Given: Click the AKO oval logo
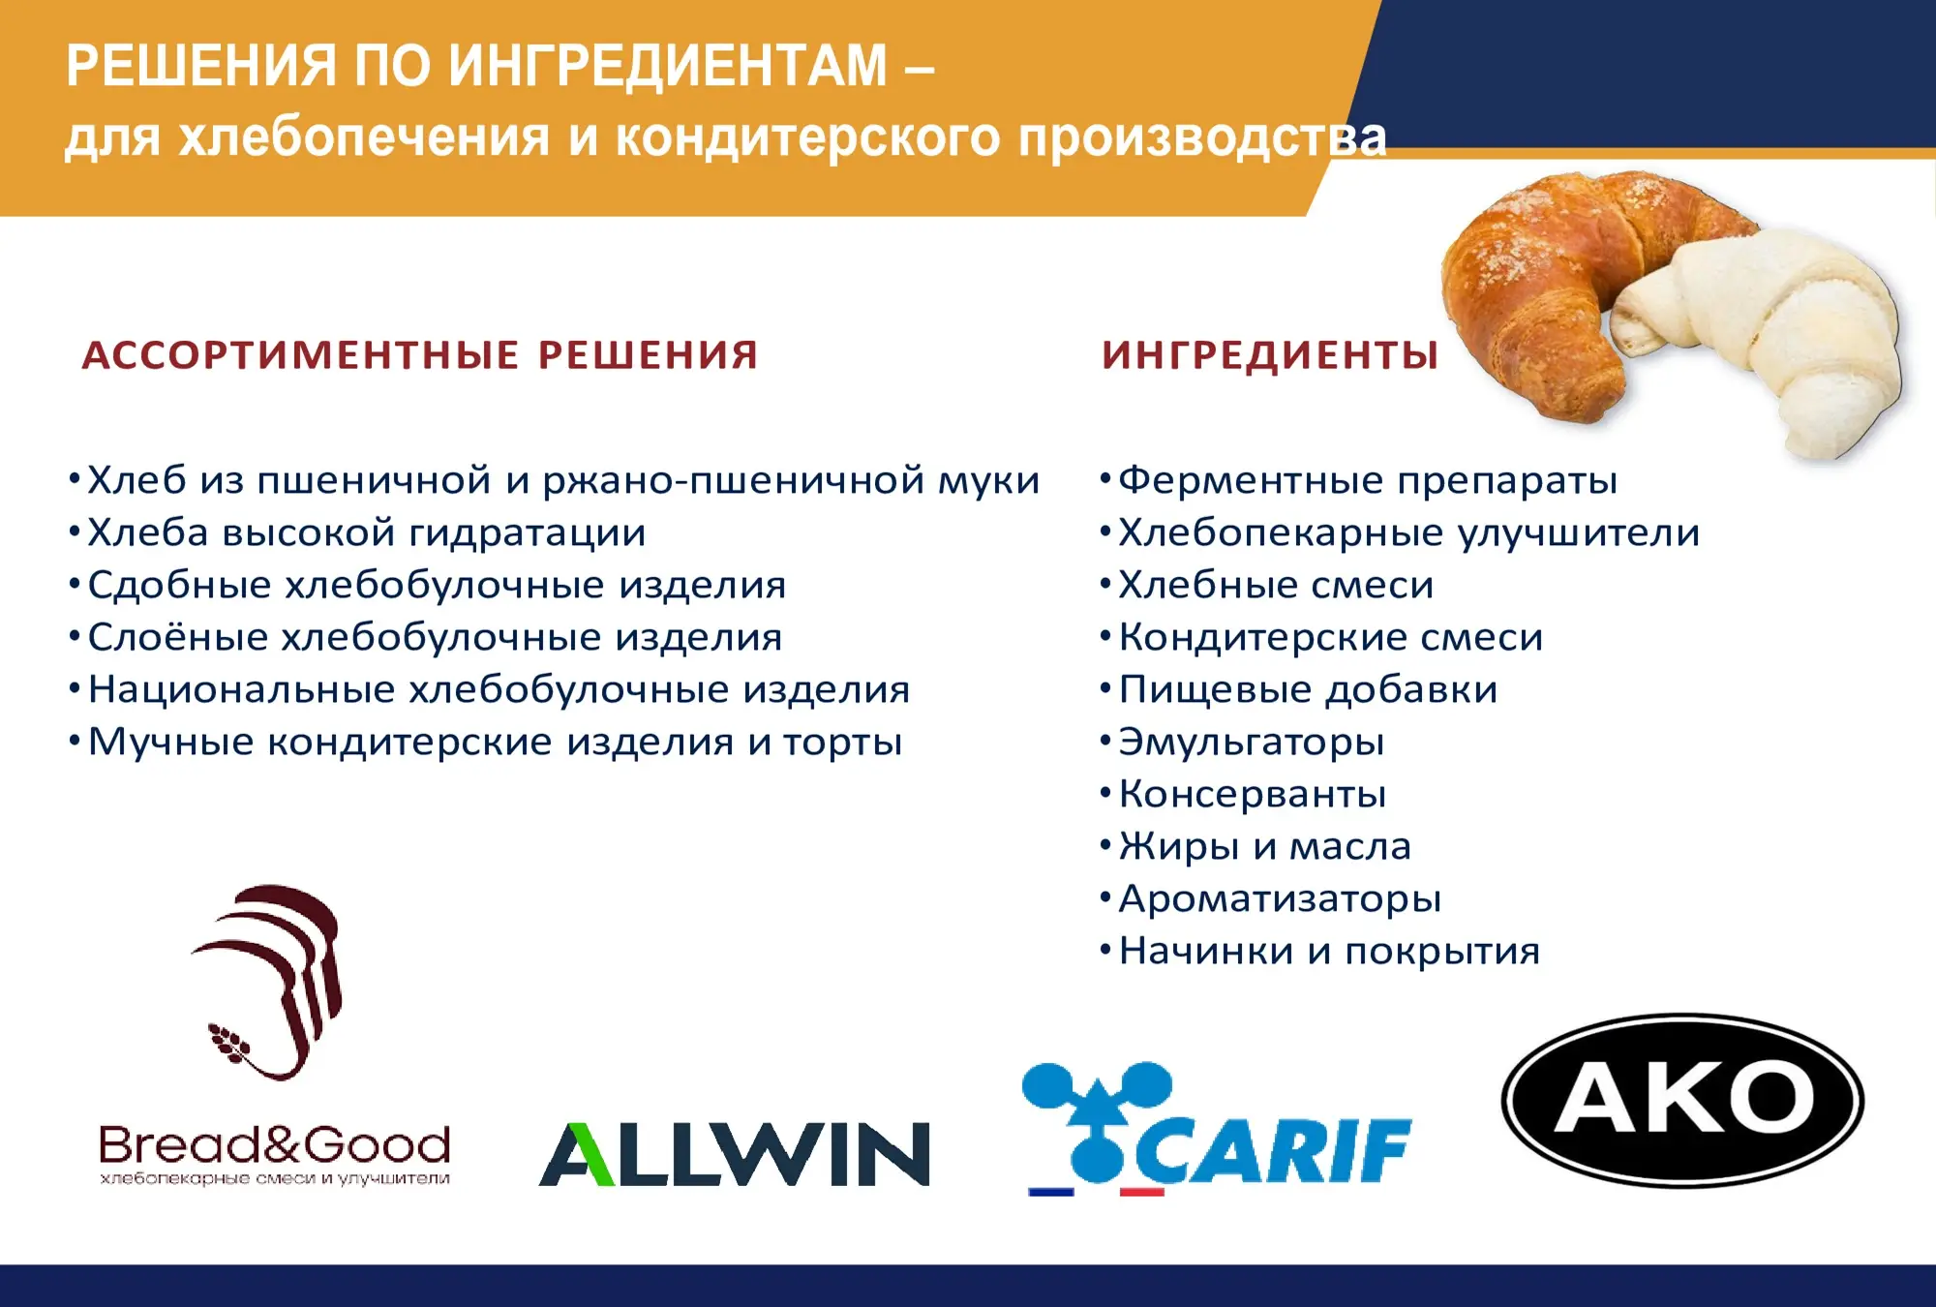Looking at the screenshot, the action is coord(1682,1100).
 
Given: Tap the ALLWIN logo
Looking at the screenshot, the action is coord(734,1153).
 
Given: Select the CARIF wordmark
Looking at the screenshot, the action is coord(1274,1150).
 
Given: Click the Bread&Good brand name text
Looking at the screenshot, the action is coord(275,1145).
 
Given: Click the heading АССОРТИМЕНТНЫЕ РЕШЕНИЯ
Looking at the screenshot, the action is coord(420,355).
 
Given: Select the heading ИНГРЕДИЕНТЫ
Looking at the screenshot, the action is coord(1270,355).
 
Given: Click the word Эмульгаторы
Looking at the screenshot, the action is coord(1252,743).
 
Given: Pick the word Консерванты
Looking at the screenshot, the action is coord(1253,794).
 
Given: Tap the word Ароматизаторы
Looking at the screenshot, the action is coord(1280,899).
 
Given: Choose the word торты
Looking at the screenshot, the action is coord(842,743).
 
